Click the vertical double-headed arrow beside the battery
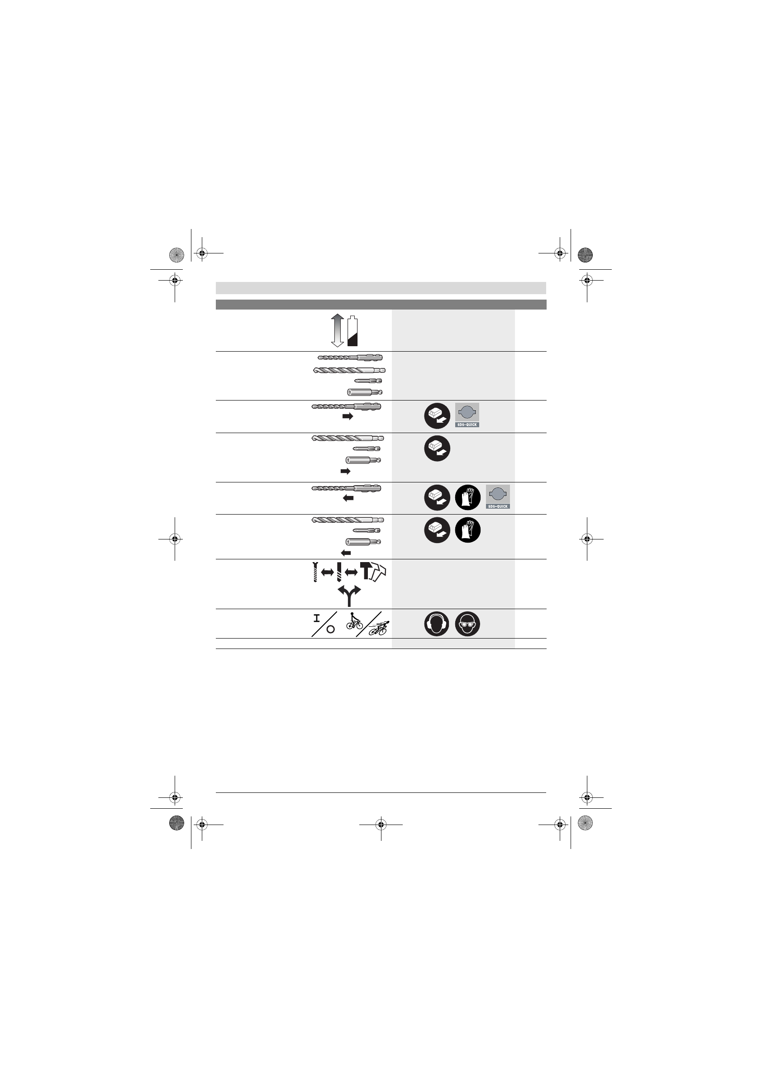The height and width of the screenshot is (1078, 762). pyautogui.click(x=337, y=330)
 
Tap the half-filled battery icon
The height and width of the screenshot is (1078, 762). pyautogui.click(x=352, y=331)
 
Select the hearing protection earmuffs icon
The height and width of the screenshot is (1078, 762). pyautogui.click(x=437, y=624)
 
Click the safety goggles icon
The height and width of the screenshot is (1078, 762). pyautogui.click(x=467, y=624)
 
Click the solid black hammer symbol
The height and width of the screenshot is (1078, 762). pyautogui.click(x=366, y=571)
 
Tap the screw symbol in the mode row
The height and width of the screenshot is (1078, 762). pyautogui.click(x=315, y=572)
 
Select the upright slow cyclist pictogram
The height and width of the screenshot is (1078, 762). pyautogui.click(x=354, y=621)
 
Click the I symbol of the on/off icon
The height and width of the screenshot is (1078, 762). pyautogui.click(x=317, y=618)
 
